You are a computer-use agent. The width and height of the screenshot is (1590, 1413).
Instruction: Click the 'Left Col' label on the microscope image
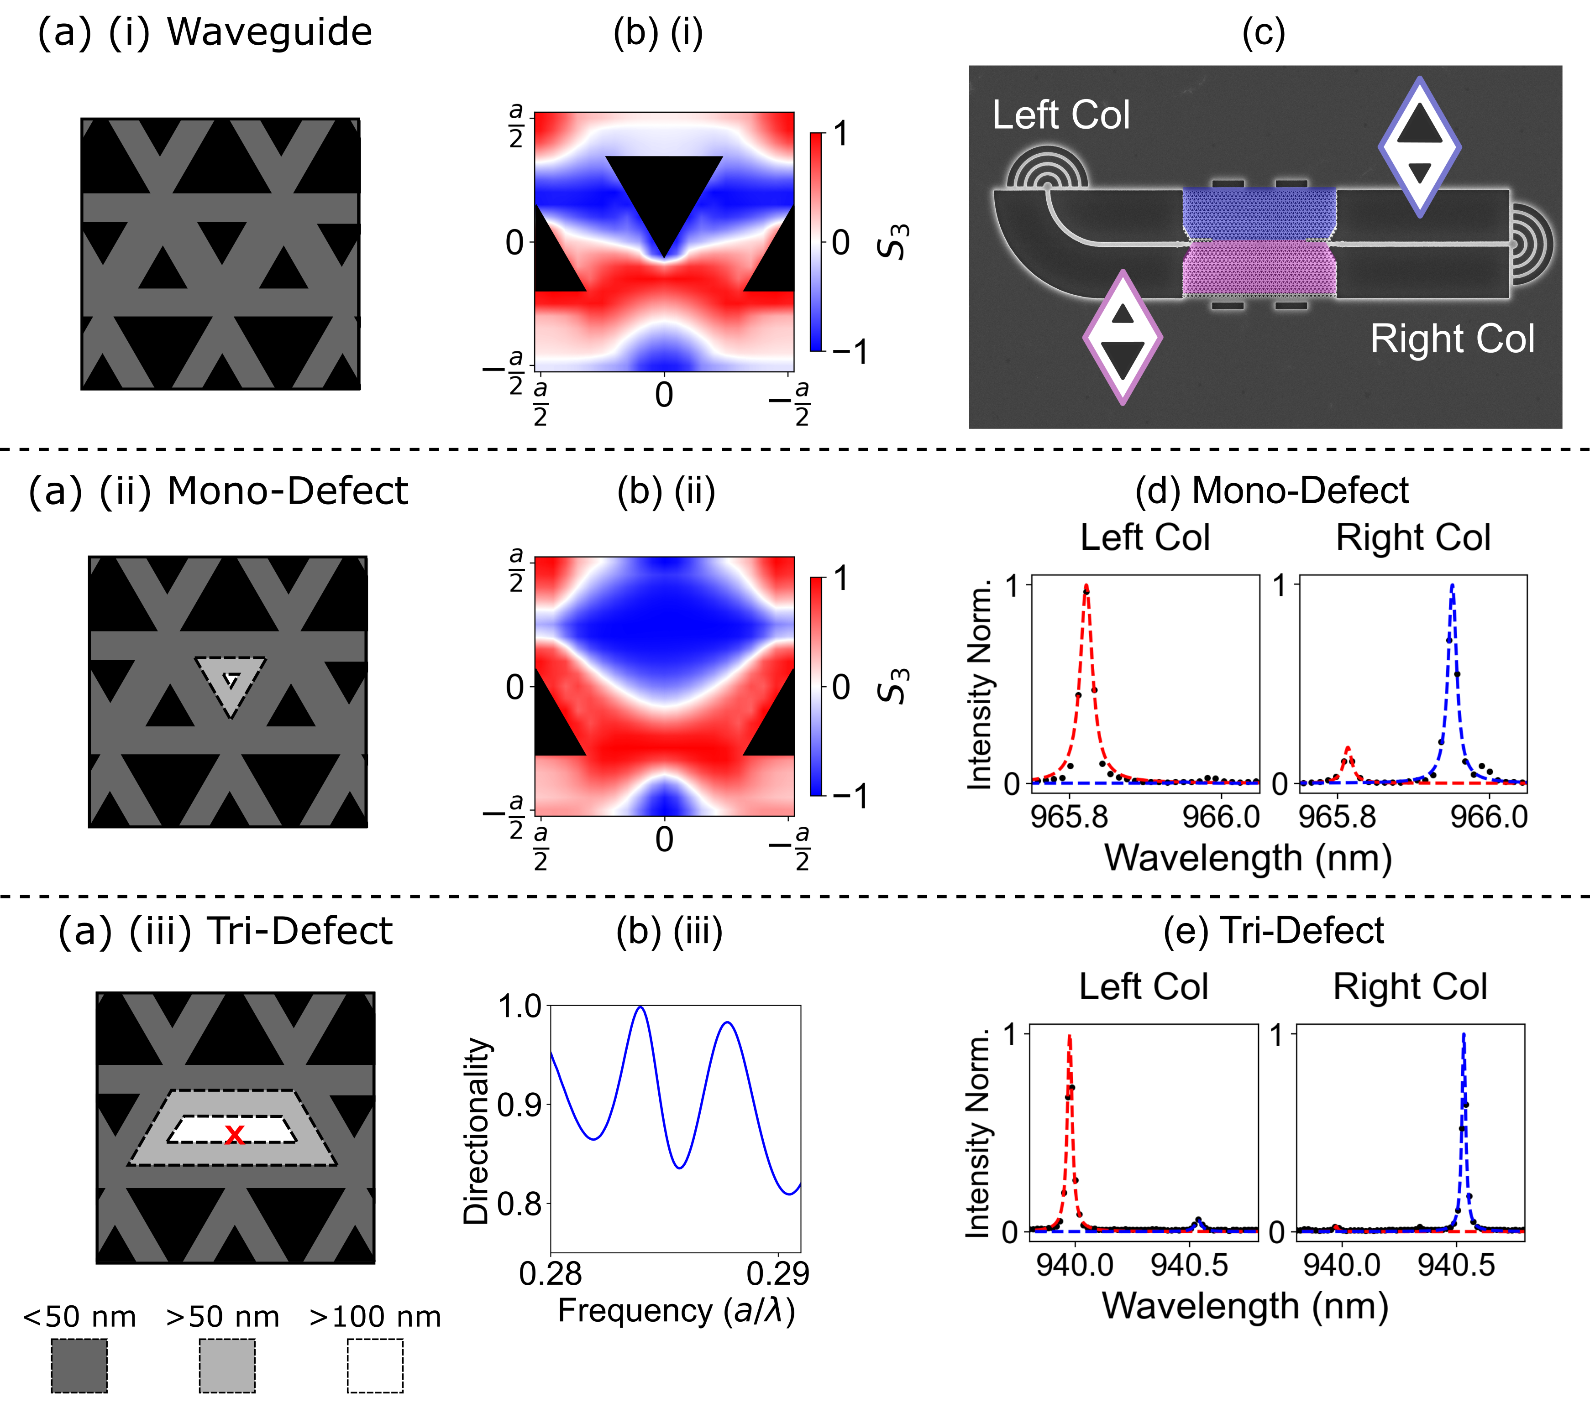point(1060,115)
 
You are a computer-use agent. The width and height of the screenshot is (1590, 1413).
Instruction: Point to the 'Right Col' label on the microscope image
point(1452,339)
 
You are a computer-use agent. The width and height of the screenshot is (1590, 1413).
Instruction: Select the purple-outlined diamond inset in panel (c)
point(1123,337)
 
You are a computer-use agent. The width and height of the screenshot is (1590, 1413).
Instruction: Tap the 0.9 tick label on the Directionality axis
point(519,1105)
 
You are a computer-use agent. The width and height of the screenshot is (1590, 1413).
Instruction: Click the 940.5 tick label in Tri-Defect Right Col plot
point(1455,1265)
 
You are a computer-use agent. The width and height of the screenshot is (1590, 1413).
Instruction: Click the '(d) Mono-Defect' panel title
point(1271,491)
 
